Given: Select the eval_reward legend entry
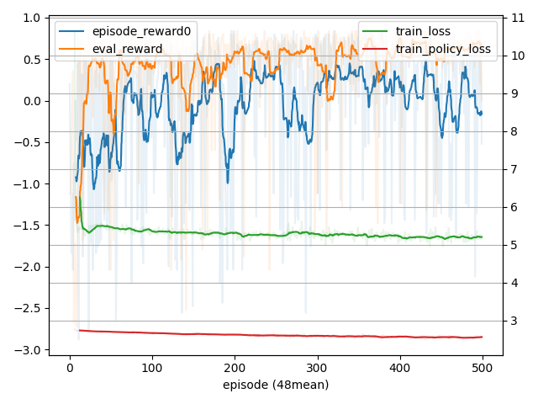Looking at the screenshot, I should pyautogui.click(x=127, y=49).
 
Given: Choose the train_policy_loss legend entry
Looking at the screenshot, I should pyautogui.click(x=443, y=49).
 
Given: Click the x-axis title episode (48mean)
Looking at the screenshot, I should pyautogui.click(x=276, y=385).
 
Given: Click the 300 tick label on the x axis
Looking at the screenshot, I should pyautogui.click(x=317, y=368).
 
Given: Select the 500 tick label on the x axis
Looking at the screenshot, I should pyautogui.click(x=483, y=368).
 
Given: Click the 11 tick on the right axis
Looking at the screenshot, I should pyautogui.click(x=519, y=19).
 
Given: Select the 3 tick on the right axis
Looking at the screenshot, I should pyautogui.click(x=515, y=321).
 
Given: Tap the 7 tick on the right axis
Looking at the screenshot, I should pyautogui.click(x=515, y=169).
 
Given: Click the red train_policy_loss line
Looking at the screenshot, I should pyautogui.click(x=252, y=336).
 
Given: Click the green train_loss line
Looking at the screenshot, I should pyautogui.click(x=252, y=233).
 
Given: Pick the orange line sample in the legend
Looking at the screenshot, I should pyautogui.click(x=72, y=49).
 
